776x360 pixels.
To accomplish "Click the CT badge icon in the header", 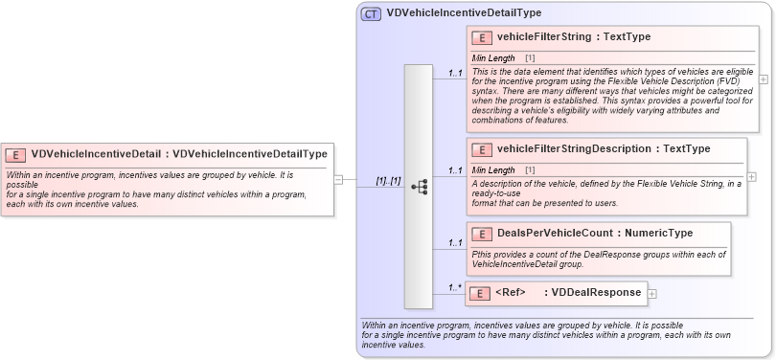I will [x=371, y=13].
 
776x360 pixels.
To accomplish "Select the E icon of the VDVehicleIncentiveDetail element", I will [x=16, y=153].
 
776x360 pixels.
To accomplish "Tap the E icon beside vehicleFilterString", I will [x=483, y=37].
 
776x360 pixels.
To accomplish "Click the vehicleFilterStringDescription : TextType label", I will [x=604, y=148].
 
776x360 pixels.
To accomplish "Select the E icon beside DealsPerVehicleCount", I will [x=483, y=233].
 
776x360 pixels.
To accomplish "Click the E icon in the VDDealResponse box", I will [x=483, y=293].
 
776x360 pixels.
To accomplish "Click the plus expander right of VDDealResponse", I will [x=652, y=294].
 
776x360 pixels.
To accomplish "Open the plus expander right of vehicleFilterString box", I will [x=763, y=79].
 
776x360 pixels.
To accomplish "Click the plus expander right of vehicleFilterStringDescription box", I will [x=751, y=177].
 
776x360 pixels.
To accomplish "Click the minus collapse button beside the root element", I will [x=338, y=179].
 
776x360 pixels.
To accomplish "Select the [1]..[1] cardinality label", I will [x=388, y=180].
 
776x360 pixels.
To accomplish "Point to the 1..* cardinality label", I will [x=456, y=287].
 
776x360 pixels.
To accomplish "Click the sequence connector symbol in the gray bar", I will [x=419, y=187].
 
